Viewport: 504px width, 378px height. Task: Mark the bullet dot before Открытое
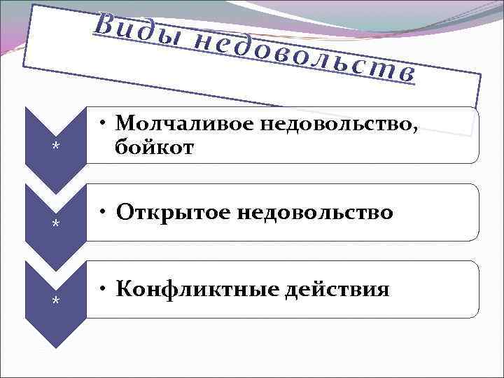[x=102, y=212]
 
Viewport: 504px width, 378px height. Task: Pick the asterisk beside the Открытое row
[x=55, y=224]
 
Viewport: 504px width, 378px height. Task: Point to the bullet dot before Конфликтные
[x=102, y=289]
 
